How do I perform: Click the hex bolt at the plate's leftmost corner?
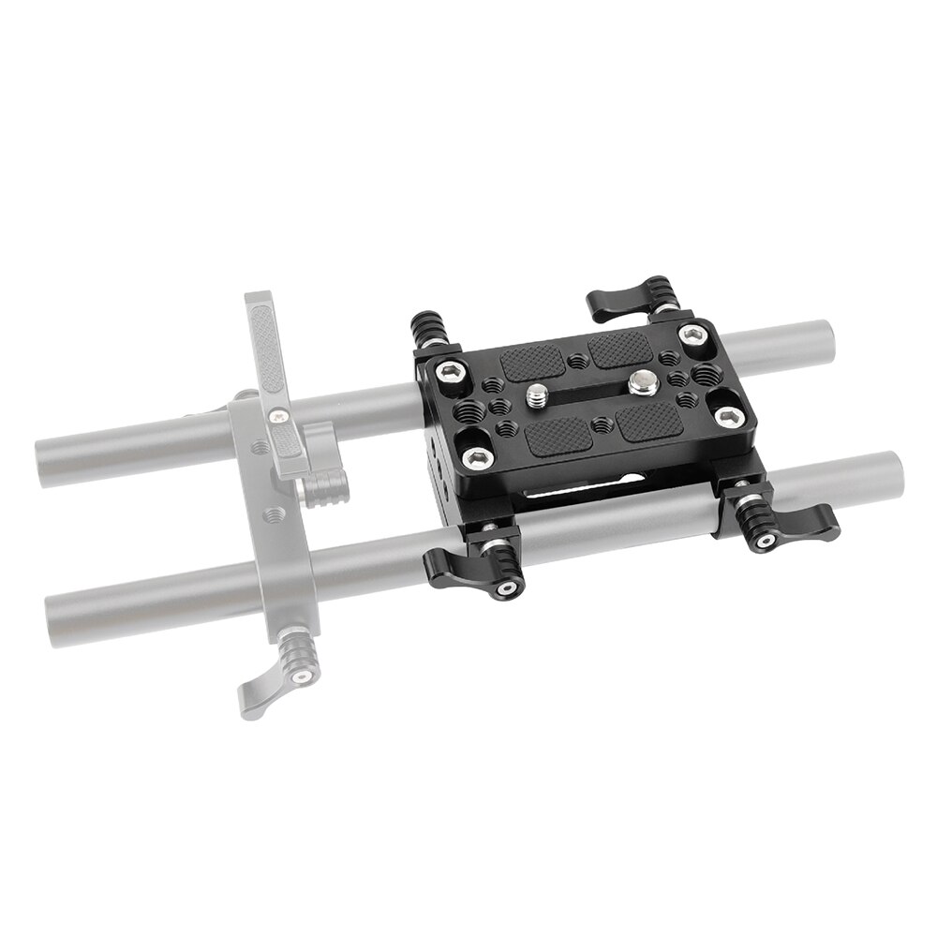tap(449, 373)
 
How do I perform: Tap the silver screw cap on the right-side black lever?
tap(765, 542)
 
